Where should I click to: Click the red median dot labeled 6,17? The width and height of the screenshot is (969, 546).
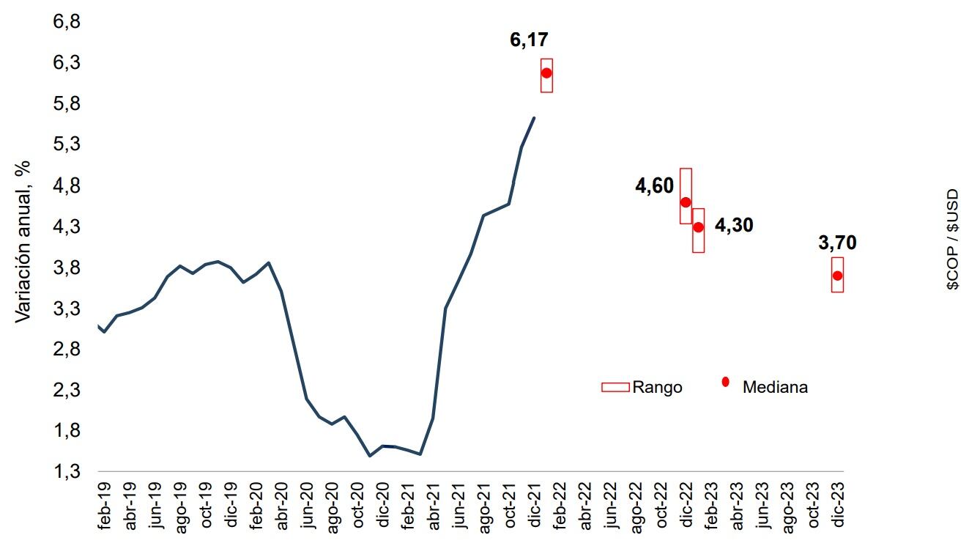pyautogui.click(x=546, y=73)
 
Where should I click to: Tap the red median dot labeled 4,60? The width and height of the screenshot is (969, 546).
pyautogui.click(x=686, y=202)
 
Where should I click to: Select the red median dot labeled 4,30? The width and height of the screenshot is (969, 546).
pyautogui.click(x=698, y=227)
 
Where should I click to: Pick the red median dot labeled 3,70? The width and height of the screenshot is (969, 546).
pyautogui.click(x=837, y=276)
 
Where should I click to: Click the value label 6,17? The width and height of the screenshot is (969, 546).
pyautogui.click(x=529, y=40)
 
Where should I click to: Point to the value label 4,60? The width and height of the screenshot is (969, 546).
pyautogui.click(x=654, y=187)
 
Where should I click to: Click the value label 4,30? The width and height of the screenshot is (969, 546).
pyautogui.click(x=734, y=225)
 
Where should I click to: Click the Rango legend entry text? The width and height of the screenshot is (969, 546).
pyautogui.click(x=657, y=387)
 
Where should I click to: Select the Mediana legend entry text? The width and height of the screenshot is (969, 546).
pyautogui.click(x=775, y=387)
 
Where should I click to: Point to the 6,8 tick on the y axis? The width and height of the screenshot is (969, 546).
pyautogui.click(x=65, y=23)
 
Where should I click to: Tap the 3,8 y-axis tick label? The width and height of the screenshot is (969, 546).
pyautogui.click(x=65, y=268)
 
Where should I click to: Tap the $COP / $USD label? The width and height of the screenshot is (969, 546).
pyautogui.click(x=951, y=240)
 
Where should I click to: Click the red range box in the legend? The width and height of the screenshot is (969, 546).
pyautogui.click(x=615, y=387)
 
